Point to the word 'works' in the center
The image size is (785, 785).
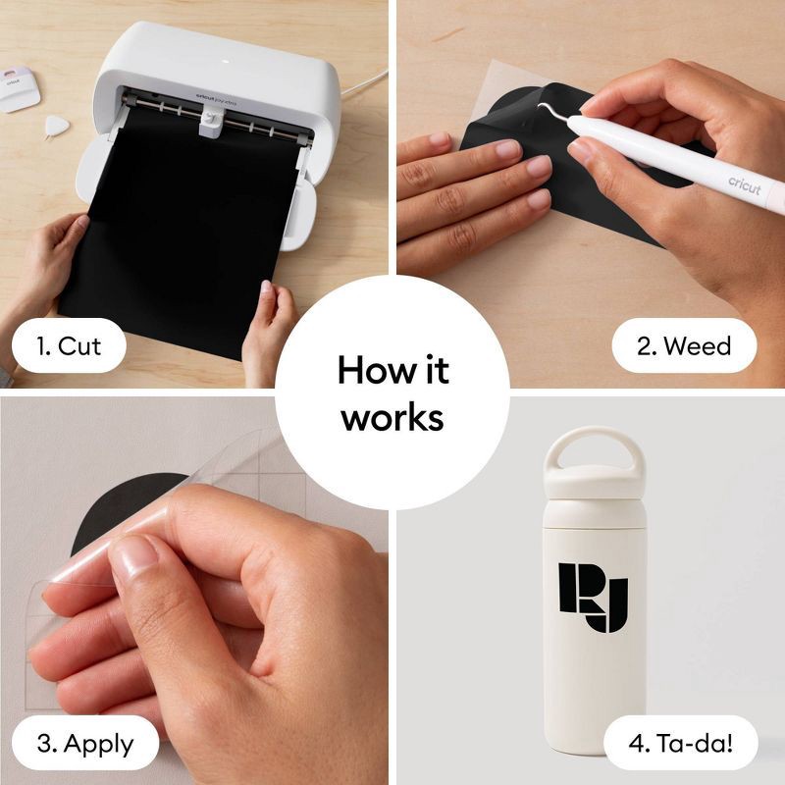(x=392, y=417)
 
